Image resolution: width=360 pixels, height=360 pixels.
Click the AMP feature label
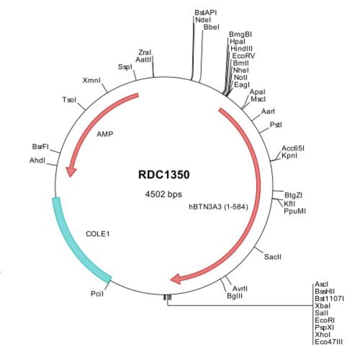click(105, 134)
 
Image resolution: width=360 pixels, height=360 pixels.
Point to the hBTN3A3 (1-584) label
click(218, 208)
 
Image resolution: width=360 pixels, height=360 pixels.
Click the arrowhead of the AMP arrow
click(70, 172)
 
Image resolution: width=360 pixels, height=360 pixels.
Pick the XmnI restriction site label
click(91, 81)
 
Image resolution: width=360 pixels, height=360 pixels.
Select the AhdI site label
click(37, 160)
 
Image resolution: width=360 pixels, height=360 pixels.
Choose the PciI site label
click(97, 293)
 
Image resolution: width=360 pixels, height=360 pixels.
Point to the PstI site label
click(275, 125)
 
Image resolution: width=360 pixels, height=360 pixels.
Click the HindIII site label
click(242, 49)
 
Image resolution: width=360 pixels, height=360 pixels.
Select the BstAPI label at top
click(205, 12)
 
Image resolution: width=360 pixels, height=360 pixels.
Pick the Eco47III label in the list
click(328, 342)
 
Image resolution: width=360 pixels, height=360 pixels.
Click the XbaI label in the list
click(322, 306)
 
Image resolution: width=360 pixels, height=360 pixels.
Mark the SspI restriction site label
click(125, 67)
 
